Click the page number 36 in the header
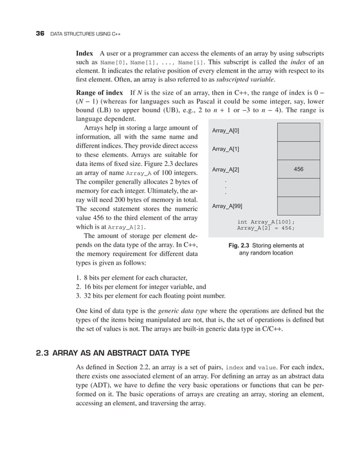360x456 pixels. coord(39,33)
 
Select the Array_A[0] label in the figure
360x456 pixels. coord(226,131)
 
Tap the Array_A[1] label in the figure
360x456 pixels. coord(226,150)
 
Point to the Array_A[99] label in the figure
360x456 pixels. coord(227,207)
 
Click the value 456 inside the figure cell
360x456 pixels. coord(299,169)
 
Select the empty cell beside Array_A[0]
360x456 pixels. coord(299,131)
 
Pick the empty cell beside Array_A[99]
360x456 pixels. coord(299,205)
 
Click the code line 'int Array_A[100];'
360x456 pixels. coord(266,222)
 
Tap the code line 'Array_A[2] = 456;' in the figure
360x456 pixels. coord(266,229)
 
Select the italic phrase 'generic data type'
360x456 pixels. coord(185,310)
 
